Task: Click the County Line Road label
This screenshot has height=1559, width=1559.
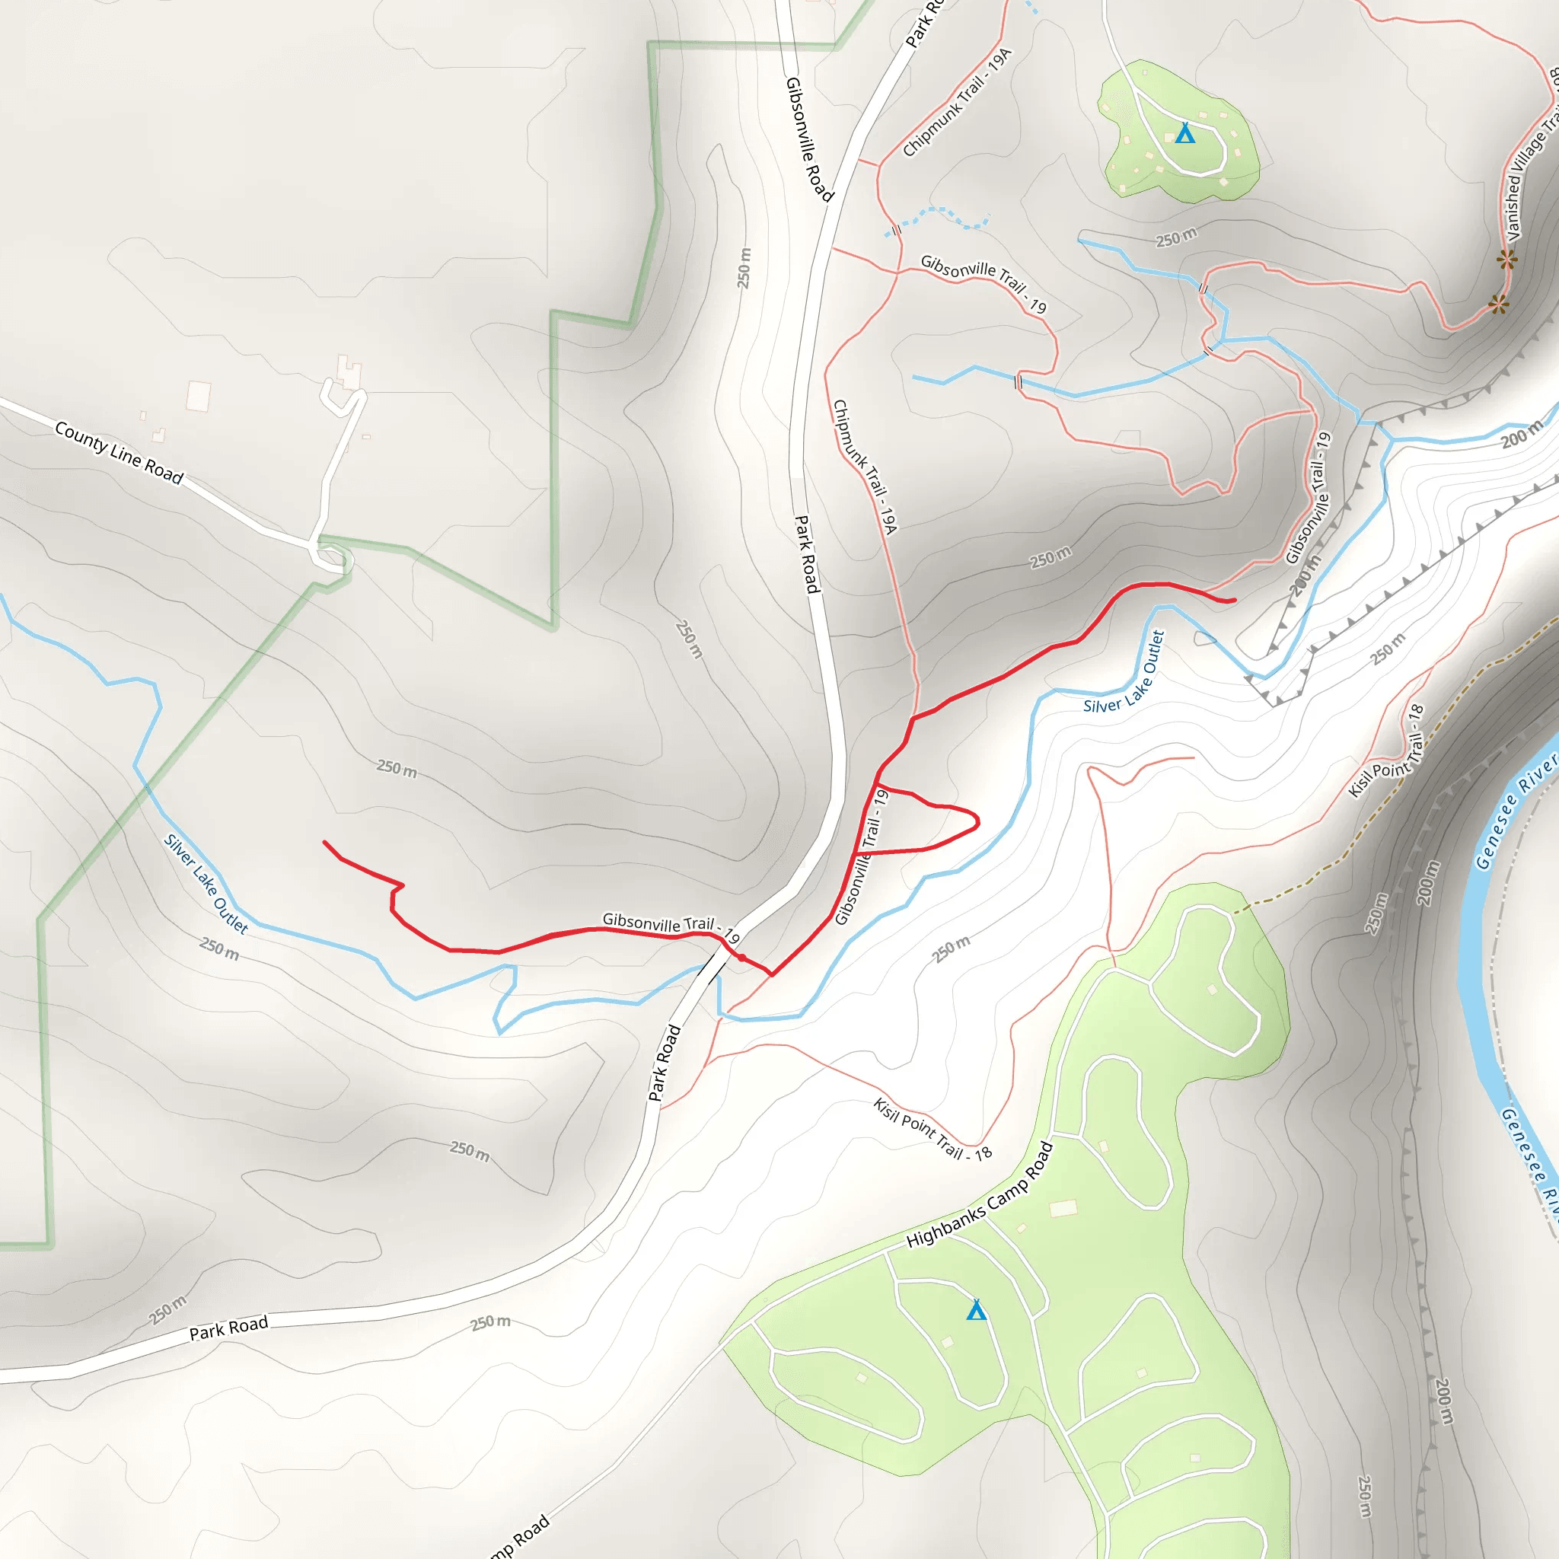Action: point(119,452)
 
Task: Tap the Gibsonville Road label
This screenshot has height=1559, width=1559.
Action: point(808,138)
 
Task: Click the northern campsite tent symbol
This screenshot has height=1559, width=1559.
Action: point(1184,134)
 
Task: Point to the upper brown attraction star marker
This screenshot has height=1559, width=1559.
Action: point(1506,260)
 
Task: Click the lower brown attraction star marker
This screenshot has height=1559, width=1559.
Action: point(1498,305)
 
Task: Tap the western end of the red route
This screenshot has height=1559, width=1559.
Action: point(324,842)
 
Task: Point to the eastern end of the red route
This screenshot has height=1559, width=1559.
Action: point(1234,601)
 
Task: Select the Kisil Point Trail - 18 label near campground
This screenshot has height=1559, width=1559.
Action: point(932,1128)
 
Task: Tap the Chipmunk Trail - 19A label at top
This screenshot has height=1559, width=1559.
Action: point(957,103)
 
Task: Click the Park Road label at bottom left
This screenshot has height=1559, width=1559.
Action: point(228,1328)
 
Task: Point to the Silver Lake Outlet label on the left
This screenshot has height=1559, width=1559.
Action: point(206,884)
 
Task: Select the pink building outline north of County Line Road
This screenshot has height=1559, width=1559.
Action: point(198,395)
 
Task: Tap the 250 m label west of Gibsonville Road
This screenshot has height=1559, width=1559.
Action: point(743,268)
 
